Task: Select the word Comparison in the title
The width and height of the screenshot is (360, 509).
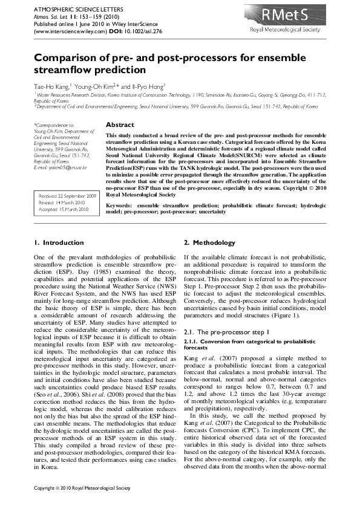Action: [x=70, y=59]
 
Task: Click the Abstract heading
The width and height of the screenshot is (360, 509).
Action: [x=119, y=125]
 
